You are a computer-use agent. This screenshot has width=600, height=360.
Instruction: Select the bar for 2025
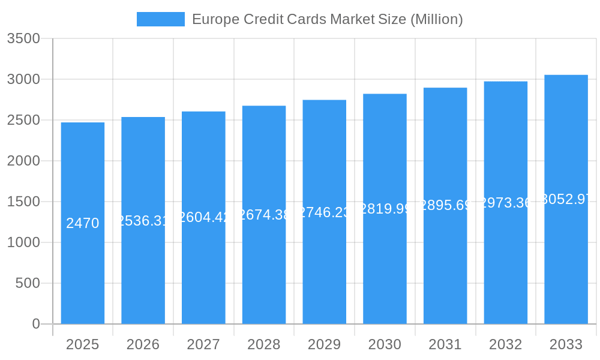point(83,270)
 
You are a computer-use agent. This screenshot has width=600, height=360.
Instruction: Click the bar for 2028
point(264,270)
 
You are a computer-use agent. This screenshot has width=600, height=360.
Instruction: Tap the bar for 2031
point(445,270)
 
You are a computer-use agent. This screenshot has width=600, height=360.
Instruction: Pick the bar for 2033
point(566,270)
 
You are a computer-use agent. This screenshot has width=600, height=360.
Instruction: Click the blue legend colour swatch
point(161,19)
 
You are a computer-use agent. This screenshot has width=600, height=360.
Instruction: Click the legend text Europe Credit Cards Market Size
point(327,19)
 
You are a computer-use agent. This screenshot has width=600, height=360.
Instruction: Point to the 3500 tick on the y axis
point(23,39)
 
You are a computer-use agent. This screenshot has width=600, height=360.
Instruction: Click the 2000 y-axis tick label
point(23,161)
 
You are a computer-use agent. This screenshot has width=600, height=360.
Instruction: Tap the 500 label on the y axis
point(28,283)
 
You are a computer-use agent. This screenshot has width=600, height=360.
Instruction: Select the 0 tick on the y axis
point(35,324)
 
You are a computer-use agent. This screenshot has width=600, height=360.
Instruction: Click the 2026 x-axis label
point(143,344)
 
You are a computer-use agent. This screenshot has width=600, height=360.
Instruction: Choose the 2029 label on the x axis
point(325,344)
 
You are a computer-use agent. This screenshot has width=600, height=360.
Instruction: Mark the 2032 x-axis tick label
point(506,344)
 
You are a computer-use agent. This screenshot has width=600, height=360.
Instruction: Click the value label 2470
point(83,223)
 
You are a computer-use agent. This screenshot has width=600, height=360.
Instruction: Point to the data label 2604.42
point(203,217)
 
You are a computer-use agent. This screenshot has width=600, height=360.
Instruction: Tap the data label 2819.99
point(385,209)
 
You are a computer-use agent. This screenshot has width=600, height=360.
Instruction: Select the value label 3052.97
point(566,199)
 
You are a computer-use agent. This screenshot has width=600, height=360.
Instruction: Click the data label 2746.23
point(325,212)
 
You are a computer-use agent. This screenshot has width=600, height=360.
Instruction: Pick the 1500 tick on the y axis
point(23,202)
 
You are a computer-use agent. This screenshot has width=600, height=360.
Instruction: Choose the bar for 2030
point(385,270)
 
